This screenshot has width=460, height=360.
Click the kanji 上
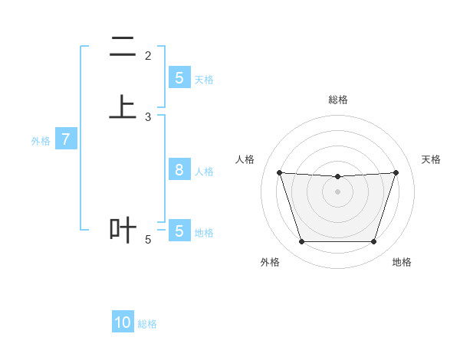point(123,106)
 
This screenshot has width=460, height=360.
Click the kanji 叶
point(123,229)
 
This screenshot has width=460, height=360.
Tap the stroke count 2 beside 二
point(148,55)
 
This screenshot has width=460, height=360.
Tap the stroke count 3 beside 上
point(148,116)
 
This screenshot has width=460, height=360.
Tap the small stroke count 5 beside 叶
point(148,240)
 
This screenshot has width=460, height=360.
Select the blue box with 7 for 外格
point(66,140)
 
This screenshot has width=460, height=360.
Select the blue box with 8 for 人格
point(179,170)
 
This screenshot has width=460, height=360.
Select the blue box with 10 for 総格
point(123,322)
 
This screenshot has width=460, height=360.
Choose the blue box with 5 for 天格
point(179,78)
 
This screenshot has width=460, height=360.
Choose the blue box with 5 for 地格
point(179,231)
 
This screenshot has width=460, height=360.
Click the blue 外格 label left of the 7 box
point(41,141)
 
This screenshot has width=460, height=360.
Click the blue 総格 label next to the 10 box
point(147,324)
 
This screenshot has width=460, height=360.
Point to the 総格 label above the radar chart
point(337,100)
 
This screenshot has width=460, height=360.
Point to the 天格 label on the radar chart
point(432,159)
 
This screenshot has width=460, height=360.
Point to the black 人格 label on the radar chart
point(245,159)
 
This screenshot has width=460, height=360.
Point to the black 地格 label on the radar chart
point(402,262)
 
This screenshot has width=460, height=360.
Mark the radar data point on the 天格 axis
point(396,172)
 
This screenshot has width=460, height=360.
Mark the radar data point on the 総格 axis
point(337,177)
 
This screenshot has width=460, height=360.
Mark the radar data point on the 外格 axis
point(301,242)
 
